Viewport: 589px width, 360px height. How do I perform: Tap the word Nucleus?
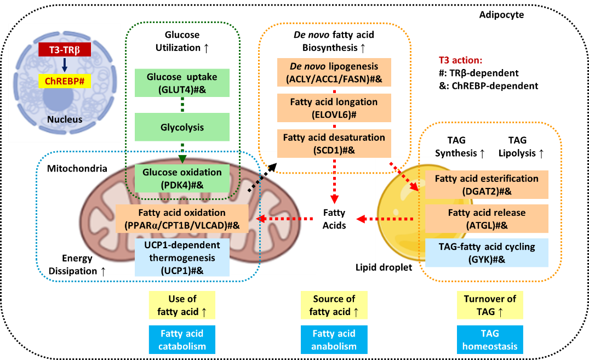(x=65, y=119)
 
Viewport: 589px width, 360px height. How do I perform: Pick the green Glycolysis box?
(x=182, y=127)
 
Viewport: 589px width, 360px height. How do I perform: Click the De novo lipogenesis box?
(x=334, y=72)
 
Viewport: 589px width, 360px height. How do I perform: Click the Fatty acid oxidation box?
(x=182, y=219)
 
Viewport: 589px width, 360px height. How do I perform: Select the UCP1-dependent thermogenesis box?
(x=182, y=258)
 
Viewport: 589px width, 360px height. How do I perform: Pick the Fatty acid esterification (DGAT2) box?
(x=487, y=185)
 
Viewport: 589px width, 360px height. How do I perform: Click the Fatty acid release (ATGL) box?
(x=487, y=219)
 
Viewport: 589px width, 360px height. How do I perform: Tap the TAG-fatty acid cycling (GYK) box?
(x=487, y=253)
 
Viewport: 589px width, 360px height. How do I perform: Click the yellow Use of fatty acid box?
(x=182, y=305)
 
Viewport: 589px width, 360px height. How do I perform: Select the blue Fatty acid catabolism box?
(x=182, y=340)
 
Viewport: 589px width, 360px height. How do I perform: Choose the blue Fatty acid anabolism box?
(x=334, y=340)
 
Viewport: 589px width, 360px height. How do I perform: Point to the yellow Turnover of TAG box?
(x=490, y=305)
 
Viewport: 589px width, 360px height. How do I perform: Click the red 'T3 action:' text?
(x=460, y=60)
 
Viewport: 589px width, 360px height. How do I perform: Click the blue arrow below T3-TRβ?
(x=65, y=66)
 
